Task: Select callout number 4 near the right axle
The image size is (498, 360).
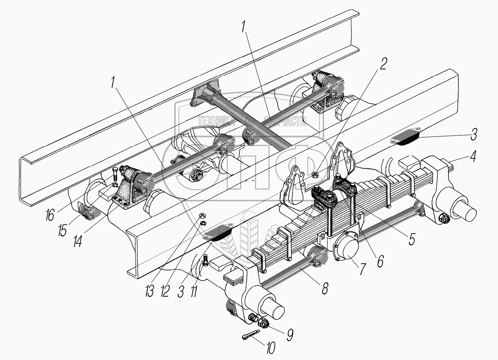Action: [473, 156]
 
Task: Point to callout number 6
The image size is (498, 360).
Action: [380, 261]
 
